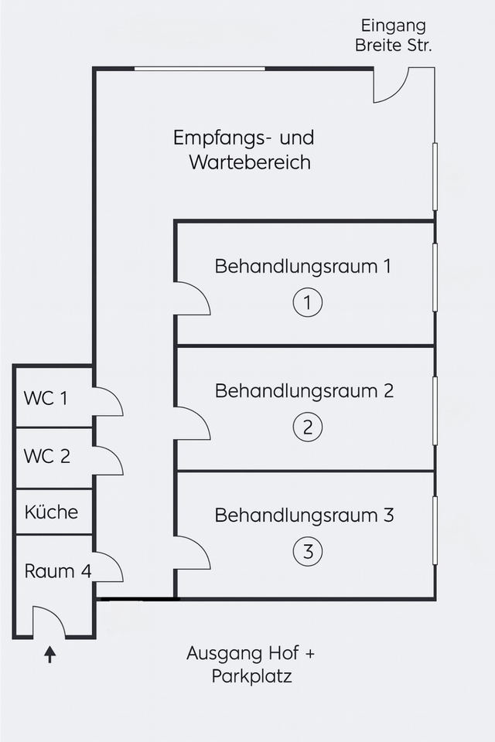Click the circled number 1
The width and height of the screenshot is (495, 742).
coord(307,302)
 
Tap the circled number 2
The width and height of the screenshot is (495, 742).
coord(307,427)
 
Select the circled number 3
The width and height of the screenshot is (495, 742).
coord(307,552)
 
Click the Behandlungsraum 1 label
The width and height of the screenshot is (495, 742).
coord(303,267)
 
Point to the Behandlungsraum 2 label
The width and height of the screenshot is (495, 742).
coord(304,391)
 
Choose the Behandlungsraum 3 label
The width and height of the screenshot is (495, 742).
coord(304,516)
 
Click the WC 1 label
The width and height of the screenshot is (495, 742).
coord(46,399)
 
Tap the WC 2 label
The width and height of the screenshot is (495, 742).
coord(46,457)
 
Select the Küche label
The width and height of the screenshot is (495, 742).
coord(51,512)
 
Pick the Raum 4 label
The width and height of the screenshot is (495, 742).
coord(58,572)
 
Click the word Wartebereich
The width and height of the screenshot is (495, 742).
coord(250,163)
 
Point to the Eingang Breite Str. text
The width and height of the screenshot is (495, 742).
coord(393,36)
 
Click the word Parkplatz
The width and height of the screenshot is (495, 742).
coord(251,677)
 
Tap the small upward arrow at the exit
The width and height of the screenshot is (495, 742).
coord(50,655)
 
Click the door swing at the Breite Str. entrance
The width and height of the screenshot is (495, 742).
coord(391,86)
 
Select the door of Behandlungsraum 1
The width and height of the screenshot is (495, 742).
coord(191,299)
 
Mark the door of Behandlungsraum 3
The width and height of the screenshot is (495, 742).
coord(191,553)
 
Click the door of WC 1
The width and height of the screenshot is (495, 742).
coord(108,402)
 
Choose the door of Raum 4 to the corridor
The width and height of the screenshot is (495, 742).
coord(108,567)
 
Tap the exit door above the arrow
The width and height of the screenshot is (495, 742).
coord(48,623)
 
